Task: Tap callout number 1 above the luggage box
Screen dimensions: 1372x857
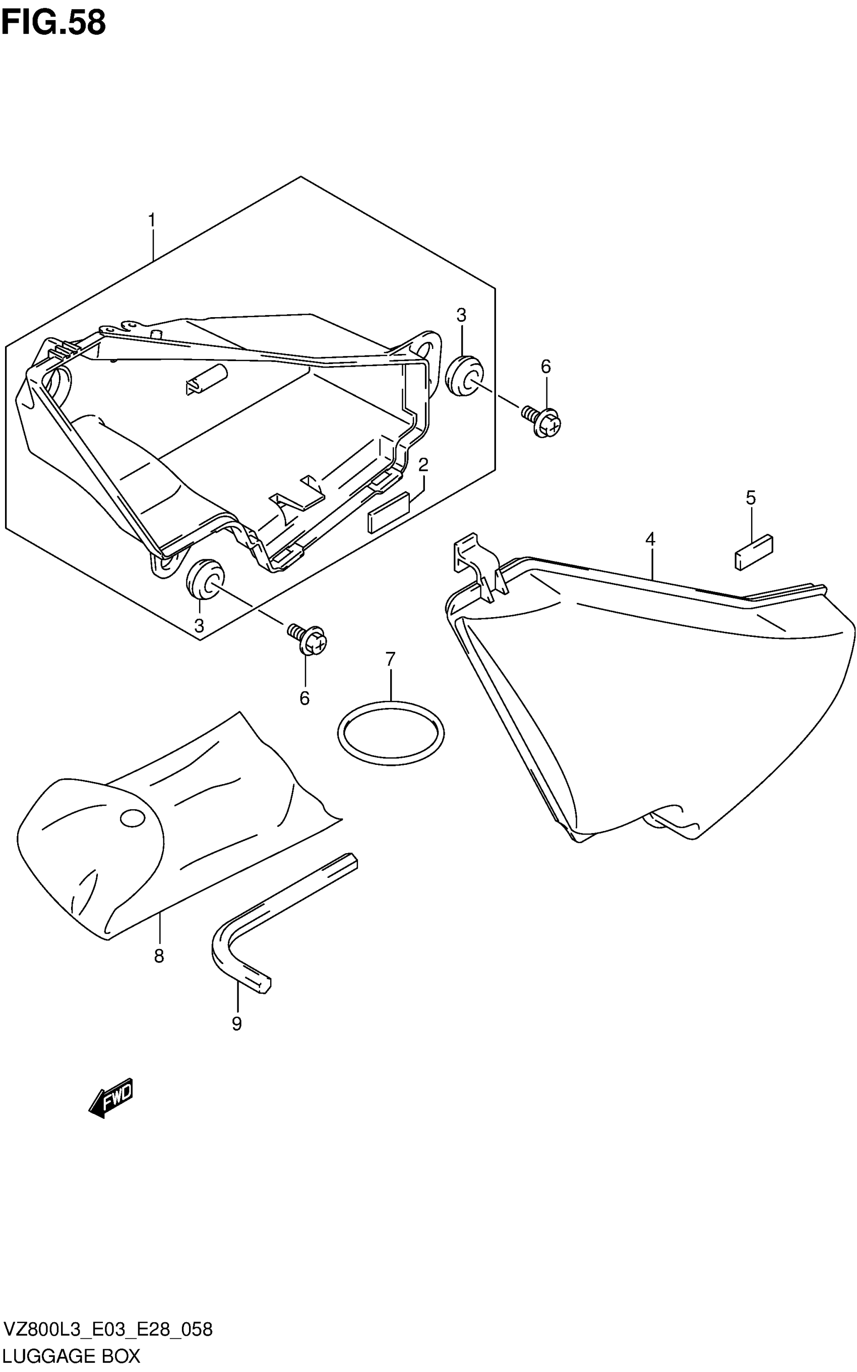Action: (152, 220)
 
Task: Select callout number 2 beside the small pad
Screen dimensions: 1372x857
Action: (423, 465)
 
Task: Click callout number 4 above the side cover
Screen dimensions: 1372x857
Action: (650, 539)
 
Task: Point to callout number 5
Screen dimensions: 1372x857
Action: (751, 498)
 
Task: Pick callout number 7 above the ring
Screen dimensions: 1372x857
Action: (390, 660)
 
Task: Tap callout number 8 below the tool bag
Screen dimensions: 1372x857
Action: (159, 956)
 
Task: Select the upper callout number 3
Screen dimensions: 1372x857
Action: (461, 315)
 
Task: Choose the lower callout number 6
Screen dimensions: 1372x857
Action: (304, 698)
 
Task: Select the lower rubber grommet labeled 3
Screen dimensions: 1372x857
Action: (205, 579)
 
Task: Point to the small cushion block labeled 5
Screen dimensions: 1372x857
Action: (754, 552)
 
